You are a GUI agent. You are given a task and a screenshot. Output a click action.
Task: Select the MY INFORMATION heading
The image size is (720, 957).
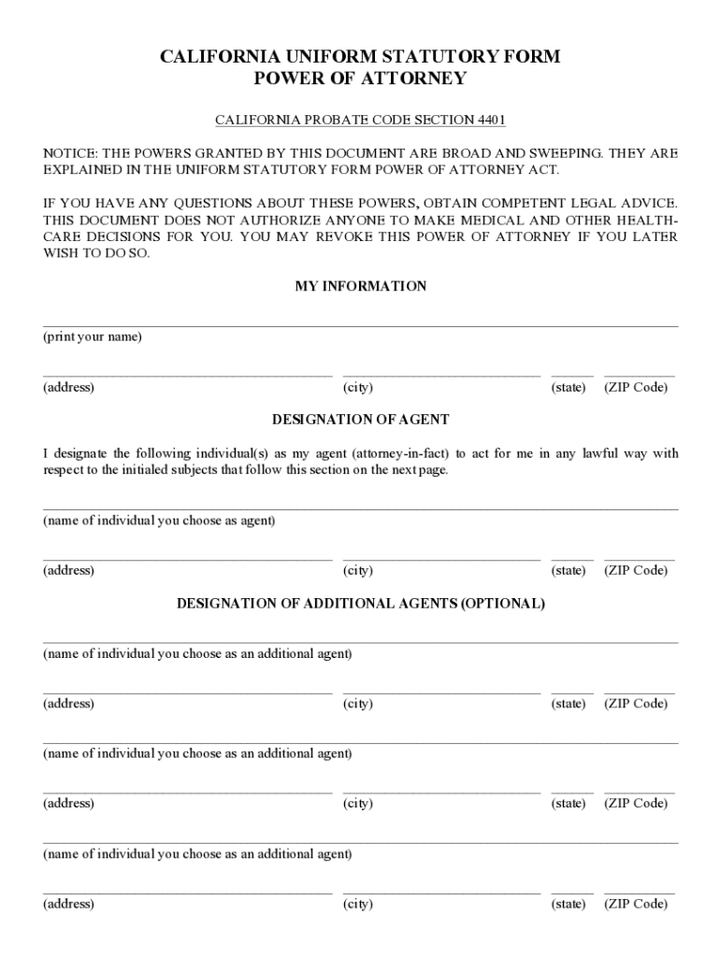coord(360,287)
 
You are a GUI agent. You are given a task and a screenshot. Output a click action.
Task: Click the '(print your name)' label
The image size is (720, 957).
coord(93,337)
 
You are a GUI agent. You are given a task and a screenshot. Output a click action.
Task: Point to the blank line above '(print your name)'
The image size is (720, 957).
coord(360,326)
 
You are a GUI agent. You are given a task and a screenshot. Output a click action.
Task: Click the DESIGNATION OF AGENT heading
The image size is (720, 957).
coord(360,420)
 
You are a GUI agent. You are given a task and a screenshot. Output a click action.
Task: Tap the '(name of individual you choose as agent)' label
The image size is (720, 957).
coord(159,521)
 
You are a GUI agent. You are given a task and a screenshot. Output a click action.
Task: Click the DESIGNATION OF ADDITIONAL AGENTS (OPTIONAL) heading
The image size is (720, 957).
coord(360,604)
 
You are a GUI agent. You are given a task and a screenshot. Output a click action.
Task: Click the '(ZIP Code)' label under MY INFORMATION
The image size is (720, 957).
coord(636,387)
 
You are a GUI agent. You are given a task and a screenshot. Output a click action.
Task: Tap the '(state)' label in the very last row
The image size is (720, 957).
coord(569,904)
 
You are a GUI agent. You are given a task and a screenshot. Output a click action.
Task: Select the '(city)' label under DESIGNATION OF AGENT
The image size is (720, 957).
coord(358,570)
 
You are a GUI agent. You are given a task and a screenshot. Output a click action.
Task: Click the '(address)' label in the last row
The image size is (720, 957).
coord(68,904)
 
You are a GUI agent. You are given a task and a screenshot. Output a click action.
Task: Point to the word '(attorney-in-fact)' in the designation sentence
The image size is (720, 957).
coord(401,454)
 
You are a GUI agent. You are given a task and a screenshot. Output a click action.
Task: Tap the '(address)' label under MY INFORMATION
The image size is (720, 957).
coord(68,387)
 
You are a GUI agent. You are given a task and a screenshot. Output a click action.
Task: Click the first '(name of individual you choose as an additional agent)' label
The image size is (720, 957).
coord(197,654)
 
